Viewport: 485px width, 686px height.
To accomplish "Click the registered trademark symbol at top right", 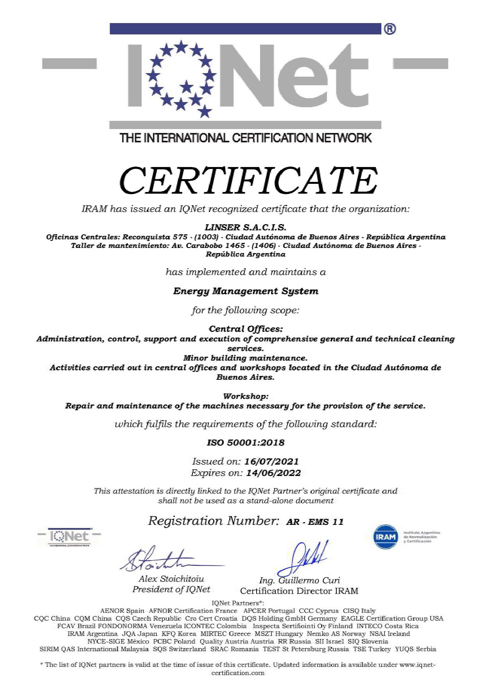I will point(390,29).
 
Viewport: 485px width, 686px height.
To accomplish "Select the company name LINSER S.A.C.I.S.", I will point(246,227).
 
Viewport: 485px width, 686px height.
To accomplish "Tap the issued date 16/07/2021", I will point(271,461).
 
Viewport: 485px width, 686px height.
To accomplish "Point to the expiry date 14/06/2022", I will point(273,473).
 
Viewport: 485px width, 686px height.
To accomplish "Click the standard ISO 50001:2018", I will point(245,443).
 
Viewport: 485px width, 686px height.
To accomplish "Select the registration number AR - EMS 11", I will point(314,522).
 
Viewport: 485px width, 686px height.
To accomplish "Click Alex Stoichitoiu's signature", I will point(164,560).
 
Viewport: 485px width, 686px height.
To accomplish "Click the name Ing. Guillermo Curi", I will point(299,580).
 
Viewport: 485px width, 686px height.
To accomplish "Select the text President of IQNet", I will point(171,589).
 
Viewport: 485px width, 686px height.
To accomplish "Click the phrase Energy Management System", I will point(246,291).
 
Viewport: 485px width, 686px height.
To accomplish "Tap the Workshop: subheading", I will point(246,396).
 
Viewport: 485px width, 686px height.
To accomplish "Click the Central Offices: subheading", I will point(246,329).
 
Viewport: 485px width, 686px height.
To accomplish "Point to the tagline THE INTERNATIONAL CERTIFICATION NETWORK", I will point(246,138).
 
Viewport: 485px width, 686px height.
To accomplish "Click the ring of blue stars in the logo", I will point(181,79).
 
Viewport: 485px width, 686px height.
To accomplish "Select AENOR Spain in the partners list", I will point(122,611).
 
